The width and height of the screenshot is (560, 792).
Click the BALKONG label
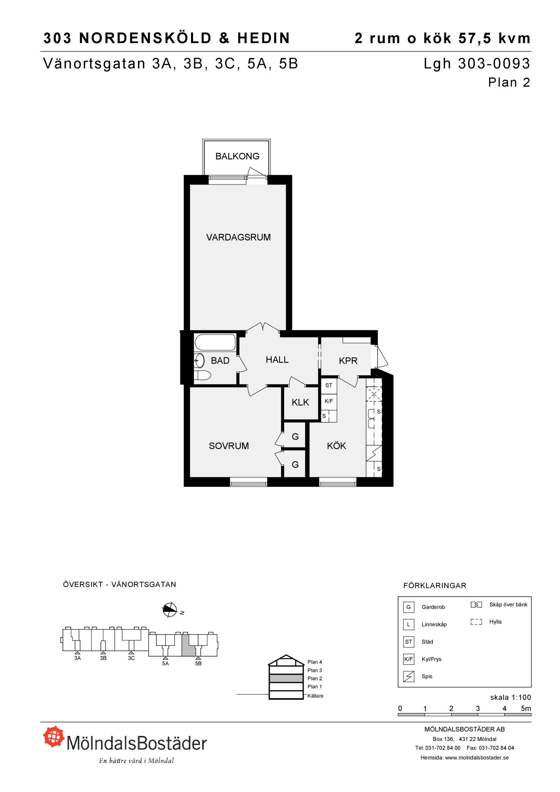(x=237, y=156)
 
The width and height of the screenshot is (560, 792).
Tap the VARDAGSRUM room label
(x=239, y=237)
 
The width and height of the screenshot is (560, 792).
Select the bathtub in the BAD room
(x=215, y=343)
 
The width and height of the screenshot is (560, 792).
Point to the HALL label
(x=277, y=360)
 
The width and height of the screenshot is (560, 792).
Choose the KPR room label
(x=348, y=361)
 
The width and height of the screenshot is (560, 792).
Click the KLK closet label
(x=300, y=402)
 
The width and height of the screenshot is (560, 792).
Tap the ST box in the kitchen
(x=329, y=385)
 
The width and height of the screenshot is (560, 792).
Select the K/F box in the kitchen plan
(x=329, y=401)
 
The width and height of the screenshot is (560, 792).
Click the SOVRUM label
(x=229, y=446)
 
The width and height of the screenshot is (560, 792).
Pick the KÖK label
(x=336, y=446)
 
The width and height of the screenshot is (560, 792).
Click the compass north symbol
(x=170, y=610)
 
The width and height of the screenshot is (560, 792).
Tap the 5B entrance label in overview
(x=199, y=663)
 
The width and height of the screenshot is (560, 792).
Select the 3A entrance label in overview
(x=77, y=658)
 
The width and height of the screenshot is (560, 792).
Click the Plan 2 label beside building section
(x=315, y=678)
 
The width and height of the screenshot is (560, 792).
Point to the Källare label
(x=315, y=696)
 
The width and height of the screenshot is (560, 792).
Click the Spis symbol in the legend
(x=409, y=676)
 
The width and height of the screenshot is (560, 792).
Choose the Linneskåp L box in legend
(x=409, y=624)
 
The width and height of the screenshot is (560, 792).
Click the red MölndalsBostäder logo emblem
(x=54, y=737)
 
